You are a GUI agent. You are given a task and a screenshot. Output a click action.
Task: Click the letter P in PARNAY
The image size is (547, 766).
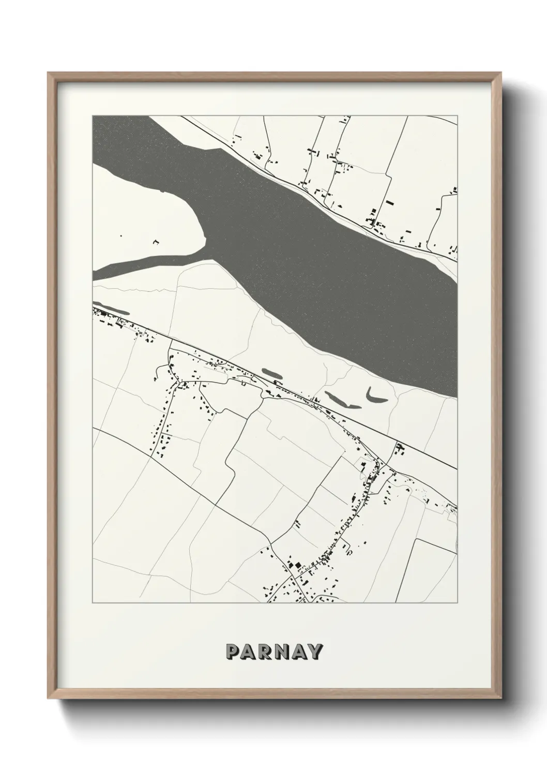pyautogui.click(x=232, y=652)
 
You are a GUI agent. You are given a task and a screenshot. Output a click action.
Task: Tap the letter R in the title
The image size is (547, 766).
pyautogui.click(x=265, y=652)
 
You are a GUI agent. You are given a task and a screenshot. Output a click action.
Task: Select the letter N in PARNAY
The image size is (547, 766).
pyautogui.click(x=282, y=652)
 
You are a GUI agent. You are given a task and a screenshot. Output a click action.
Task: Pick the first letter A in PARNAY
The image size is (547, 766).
pyautogui.click(x=248, y=652)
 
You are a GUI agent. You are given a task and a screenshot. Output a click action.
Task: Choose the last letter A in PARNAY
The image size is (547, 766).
pyautogui.click(x=299, y=652)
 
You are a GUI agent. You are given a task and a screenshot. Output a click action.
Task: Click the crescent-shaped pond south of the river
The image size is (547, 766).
pyautogui.click(x=375, y=396)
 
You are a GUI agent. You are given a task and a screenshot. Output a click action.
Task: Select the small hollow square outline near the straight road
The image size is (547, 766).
pyautogui.click(x=242, y=384)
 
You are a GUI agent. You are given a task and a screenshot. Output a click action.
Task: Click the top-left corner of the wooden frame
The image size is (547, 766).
pyautogui.click(x=49, y=73)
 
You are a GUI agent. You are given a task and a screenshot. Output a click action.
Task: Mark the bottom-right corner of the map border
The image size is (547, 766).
pyautogui.click(x=458, y=603)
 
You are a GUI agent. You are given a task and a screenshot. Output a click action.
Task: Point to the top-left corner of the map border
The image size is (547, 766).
pyautogui.click(x=93, y=116)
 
